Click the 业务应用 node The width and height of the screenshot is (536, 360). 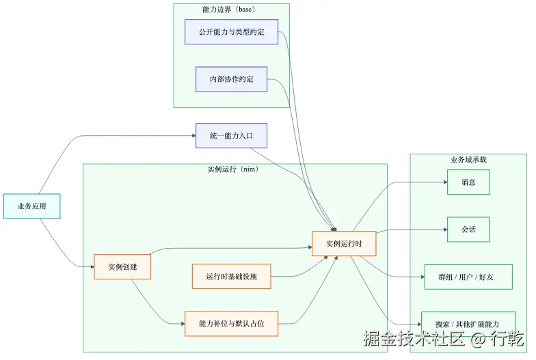point(31,206)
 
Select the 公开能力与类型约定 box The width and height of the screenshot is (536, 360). point(231,32)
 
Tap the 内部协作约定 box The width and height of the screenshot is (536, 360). point(231,79)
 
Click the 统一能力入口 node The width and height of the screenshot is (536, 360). point(231,136)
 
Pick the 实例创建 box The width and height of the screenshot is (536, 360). point(122,267)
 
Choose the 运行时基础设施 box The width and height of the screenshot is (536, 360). point(231,277)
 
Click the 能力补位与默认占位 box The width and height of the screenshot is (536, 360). point(231,323)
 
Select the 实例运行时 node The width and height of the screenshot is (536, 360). point(344,244)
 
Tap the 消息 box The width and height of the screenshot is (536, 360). point(468,182)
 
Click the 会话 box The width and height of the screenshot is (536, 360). point(468,230)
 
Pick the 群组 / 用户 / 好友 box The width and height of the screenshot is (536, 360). point(468,277)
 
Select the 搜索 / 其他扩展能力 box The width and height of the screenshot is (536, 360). point(468,323)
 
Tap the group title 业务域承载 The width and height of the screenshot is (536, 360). point(468,160)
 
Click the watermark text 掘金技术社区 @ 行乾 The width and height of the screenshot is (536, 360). point(444,339)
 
